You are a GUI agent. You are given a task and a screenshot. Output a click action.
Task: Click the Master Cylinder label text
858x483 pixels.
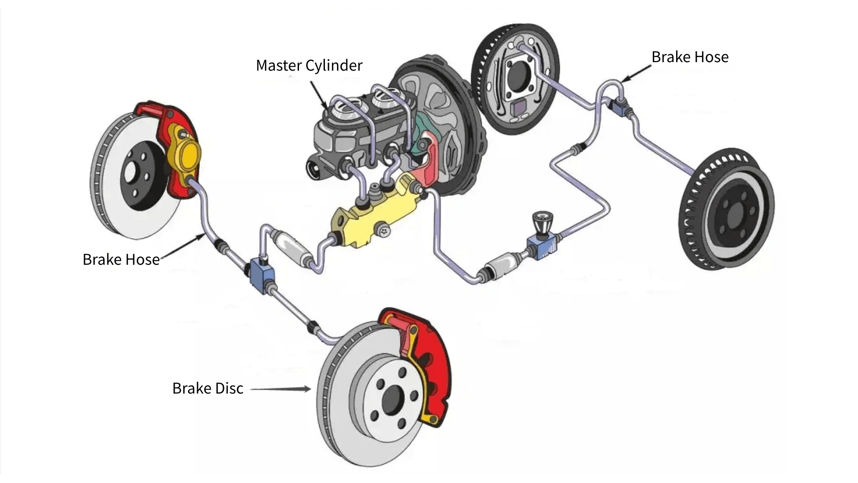(x=309, y=65)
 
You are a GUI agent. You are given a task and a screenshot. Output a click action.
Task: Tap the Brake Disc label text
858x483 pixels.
(x=208, y=388)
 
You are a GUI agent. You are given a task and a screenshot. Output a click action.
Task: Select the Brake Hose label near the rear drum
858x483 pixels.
(x=690, y=57)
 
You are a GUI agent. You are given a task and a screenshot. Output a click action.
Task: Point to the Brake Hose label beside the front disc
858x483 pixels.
(x=121, y=259)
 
